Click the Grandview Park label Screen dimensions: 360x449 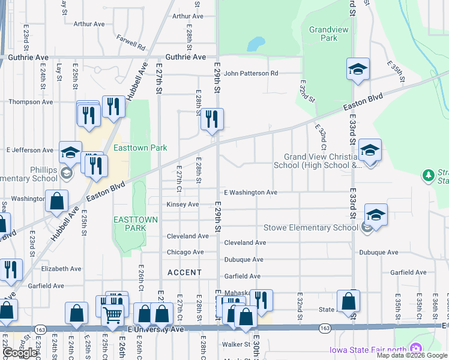pos(323,34)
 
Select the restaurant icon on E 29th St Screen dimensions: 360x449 pos(212,119)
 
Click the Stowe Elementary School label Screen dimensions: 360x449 pos(311,227)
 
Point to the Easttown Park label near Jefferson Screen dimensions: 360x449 pos(140,147)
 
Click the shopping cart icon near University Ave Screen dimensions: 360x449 pos(112,314)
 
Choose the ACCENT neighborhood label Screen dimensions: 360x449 pos(184,272)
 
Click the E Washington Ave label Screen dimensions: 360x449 pos(250,193)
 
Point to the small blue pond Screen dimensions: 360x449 pos(256,44)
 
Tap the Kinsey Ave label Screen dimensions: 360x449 pos(182,205)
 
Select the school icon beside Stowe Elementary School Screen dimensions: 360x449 pos(376,215)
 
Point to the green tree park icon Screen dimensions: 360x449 pos(428,176)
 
